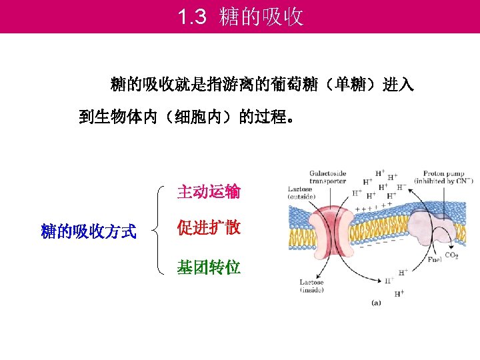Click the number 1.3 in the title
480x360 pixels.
193,17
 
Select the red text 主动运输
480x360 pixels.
208,193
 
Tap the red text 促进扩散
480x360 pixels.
208,228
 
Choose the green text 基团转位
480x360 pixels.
208,268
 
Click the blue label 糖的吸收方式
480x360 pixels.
89,232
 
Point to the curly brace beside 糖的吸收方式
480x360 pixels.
157,230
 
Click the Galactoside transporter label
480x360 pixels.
327,177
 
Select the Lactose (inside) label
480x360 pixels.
311,286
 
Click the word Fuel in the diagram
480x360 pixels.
435,259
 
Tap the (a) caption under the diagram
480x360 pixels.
376,303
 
